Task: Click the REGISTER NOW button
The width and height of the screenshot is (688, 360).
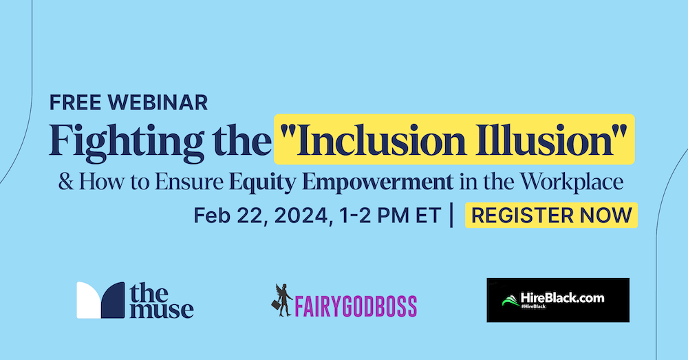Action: coord(551,215)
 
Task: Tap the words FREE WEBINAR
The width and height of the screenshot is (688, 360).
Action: coord(129,103)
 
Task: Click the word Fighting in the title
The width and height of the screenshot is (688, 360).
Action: coord(127,141)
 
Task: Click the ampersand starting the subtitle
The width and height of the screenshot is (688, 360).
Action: coord(66,182)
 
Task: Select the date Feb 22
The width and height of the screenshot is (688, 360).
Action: coord(230,215)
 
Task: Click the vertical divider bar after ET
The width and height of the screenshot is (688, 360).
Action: coord(451,215)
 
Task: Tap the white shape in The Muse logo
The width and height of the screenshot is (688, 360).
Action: coord(89,300)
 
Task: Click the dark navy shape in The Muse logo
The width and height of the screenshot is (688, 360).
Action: coord(113,300)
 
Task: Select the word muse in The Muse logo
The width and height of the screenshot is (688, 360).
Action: coord(162,309)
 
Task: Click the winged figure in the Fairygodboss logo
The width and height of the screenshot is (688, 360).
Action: coord(282,300)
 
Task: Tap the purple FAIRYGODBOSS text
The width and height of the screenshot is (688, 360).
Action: coord(356,306)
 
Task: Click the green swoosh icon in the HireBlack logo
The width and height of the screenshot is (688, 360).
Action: coord(510,301)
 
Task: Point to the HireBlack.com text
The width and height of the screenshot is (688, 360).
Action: coord(563,298)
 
